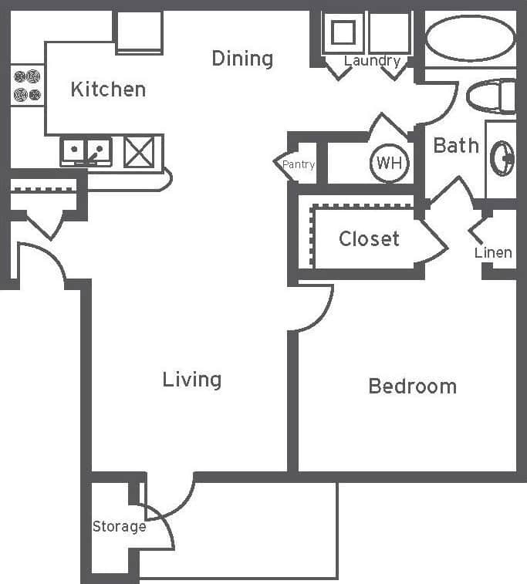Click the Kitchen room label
click(108, 89)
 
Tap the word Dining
click(242, 59)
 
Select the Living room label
click(192, 380)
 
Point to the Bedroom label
click(412, 386)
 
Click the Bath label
click(455, 145)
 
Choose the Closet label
click(369, 239)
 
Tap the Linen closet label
click(493, 252)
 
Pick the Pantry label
click(298, 164)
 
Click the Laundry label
click(372, 61)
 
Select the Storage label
click(119, 527)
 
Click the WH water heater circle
click(390, 164)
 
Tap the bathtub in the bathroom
click(470, 39)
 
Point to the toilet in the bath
click(492, 96)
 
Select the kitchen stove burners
click(27, 85)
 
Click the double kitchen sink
click(86, 150)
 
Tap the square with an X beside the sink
click(140, 150)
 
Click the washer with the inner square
click(343, 33)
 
